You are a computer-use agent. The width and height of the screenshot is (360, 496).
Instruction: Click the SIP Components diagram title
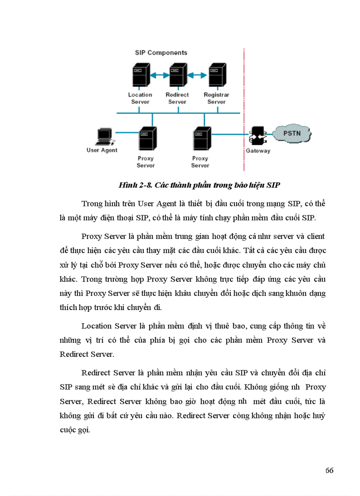click(x=161, y=53)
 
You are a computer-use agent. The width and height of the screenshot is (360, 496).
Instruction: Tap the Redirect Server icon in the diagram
click(x=177, y=76)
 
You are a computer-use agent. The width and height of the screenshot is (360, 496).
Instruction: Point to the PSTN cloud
click(x=292, y=133)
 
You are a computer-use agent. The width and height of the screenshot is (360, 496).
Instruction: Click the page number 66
click(x=329, y=470)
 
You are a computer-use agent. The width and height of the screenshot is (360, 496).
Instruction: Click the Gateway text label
click(x=258, y=151)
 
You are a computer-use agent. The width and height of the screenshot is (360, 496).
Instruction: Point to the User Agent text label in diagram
click(x=102, y=150)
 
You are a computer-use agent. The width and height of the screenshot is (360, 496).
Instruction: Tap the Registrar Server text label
click(x=216, y=98)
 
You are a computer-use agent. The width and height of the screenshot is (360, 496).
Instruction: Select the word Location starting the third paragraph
click(x=97, y=326)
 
